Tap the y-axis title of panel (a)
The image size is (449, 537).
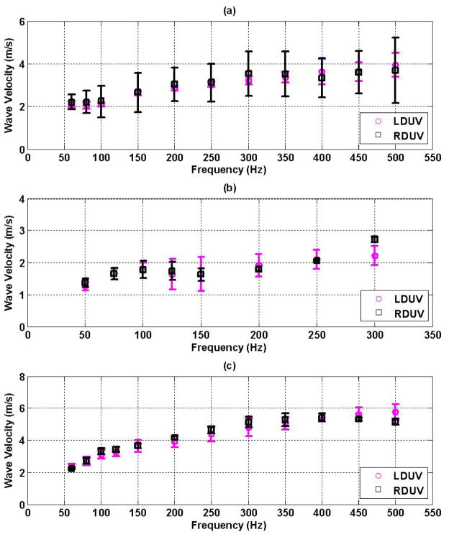pos(9,86)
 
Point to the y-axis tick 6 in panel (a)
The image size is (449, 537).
pos(20,22)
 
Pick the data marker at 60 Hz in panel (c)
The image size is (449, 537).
pos(71,468)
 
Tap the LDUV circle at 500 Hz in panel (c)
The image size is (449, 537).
pos(395,412)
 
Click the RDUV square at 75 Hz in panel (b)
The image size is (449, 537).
pos(114,273)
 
